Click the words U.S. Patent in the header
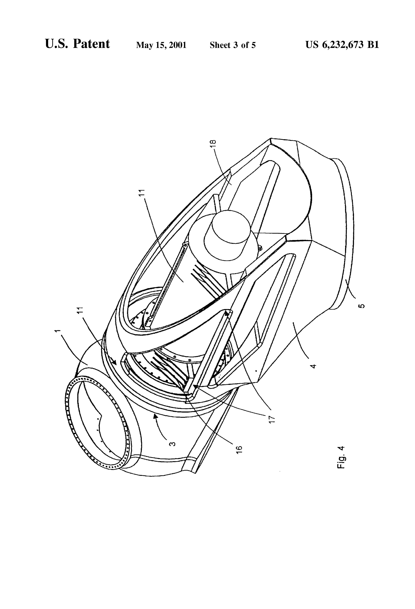(x=77, y=44)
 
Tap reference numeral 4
(x=313, y=366)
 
